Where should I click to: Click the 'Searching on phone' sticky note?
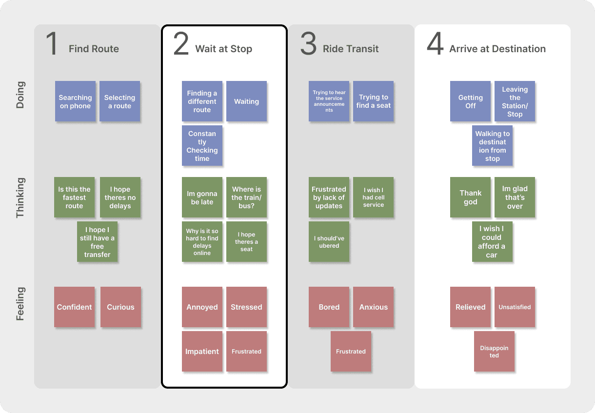click(x=75, y=101)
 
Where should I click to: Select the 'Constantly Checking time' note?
click(x=202, y=146)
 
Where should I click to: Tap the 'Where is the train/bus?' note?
click(x=246, y=197)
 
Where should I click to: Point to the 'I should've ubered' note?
click(x=329, y=242)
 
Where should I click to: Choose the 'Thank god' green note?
click(x=470, y=197)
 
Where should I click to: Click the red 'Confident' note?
click(x=74, y=307)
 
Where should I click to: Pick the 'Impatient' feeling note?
click(x=202, y=352)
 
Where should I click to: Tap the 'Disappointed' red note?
click(x=494, y=352)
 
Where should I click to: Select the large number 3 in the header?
click(x=308, y=45)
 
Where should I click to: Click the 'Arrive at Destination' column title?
click(x=497, y=49)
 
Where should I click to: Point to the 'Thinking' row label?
click(x=20, y=197)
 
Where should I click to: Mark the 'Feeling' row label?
click(x=20, y=304)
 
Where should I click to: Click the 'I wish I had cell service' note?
click(x=373, y=197)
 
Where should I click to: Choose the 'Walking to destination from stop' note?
click(x=492, y=146)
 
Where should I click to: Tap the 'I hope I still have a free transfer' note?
click(x=97, y=242)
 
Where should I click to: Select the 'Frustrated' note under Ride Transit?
click(x=351, y=352)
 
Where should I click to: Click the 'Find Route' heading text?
click(x=94, y=49)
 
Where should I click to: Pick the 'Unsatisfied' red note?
click(x=515, y=307)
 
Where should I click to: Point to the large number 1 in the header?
click(x=51, y=45)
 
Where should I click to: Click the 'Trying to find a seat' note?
click(x=373, y=101)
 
